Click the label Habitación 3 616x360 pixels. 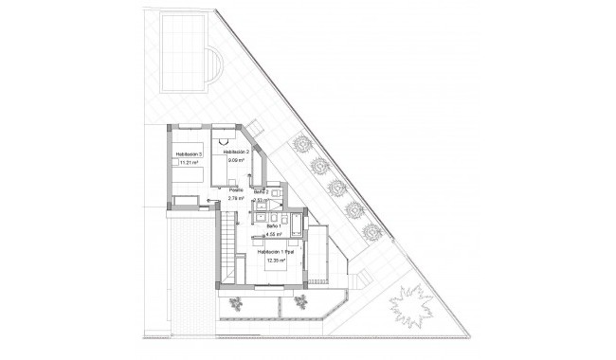(190, 153)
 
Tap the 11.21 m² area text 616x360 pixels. (190, 162)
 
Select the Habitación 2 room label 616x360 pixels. (236, 152)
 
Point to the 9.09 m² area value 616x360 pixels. (236, 161)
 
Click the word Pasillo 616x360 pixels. (237, 190)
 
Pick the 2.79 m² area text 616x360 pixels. (237, 199)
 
